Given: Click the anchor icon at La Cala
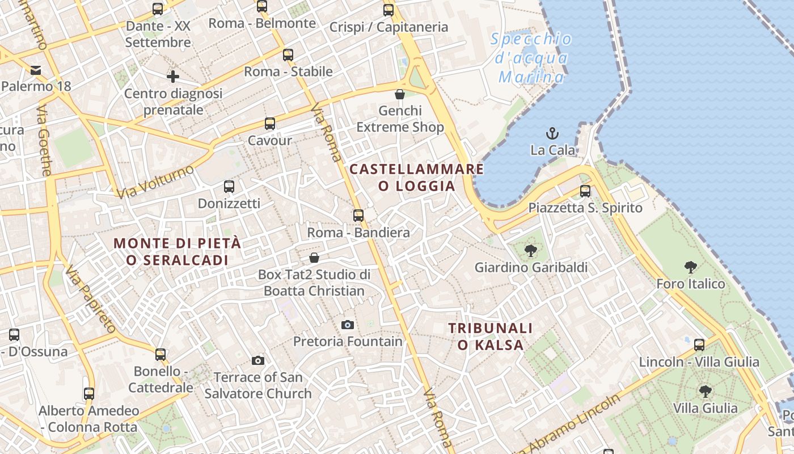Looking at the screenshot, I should [x=552, y=133].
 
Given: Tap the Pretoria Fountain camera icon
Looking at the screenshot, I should [x=348, y=325].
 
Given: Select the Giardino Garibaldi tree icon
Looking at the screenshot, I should [x=531, y=250].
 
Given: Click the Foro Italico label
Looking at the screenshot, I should [x=690, y=284].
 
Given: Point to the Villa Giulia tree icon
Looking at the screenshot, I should [x=705, y=391].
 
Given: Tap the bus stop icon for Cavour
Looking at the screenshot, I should [x=270, y=123].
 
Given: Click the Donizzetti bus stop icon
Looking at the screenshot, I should [x=229, y=186].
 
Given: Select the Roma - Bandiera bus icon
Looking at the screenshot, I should [x=358, y=215].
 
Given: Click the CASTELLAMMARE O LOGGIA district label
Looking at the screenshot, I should [x=417, y=178].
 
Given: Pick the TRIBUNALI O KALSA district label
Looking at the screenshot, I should [x=491, y=336].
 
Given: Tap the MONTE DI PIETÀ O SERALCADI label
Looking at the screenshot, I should [x=178, y=251].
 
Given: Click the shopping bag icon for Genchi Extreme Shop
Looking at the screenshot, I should [x=400, y=94].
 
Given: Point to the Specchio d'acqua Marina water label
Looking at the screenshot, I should [x=531, y=57].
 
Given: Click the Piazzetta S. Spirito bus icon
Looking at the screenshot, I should [x=585, y=191].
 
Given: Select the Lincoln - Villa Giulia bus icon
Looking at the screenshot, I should [x=699, y=344].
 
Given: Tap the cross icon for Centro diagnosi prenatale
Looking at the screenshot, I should [x=173, y=76].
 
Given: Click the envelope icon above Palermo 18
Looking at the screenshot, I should [x=36, y=70].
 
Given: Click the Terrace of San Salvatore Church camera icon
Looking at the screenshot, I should [x=258, y=360].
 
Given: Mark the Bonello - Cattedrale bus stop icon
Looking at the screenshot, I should [x=161, y=355].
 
